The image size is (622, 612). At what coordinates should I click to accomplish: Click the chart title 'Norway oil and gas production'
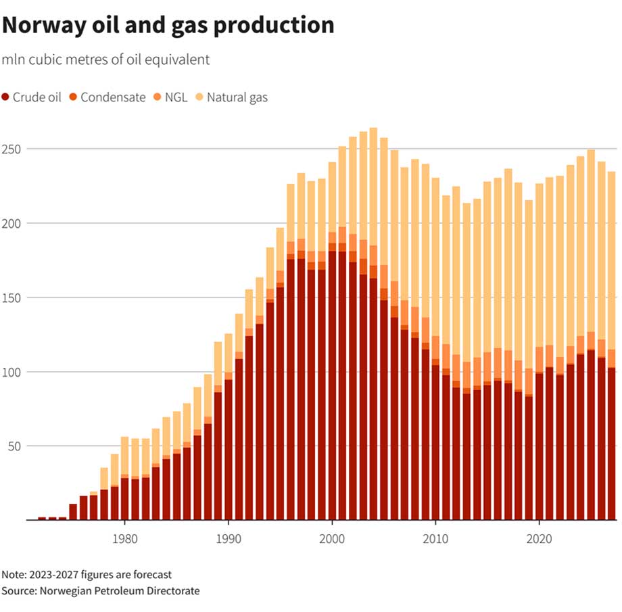[x=168, y=25]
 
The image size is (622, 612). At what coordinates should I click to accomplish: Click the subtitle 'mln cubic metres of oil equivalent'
[x=105, y=60]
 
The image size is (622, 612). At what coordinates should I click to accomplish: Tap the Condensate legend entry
[x=107, y=97]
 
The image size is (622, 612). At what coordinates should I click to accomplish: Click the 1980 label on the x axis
[x=124, y=540]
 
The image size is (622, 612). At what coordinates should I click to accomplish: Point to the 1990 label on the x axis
[x=229, y=540]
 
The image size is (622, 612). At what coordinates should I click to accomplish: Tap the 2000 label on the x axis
[x=332, y=540]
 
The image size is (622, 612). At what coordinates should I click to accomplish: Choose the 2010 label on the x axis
[x=436, y=540]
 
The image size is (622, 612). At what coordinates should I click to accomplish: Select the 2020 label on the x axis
[x=540, y=540]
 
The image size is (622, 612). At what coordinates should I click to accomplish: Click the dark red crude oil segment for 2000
[x=332, y=385]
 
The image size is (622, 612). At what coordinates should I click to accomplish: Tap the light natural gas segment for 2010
[x=436, y=257]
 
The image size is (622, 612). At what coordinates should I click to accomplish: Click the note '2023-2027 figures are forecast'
[x=87, y=575]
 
